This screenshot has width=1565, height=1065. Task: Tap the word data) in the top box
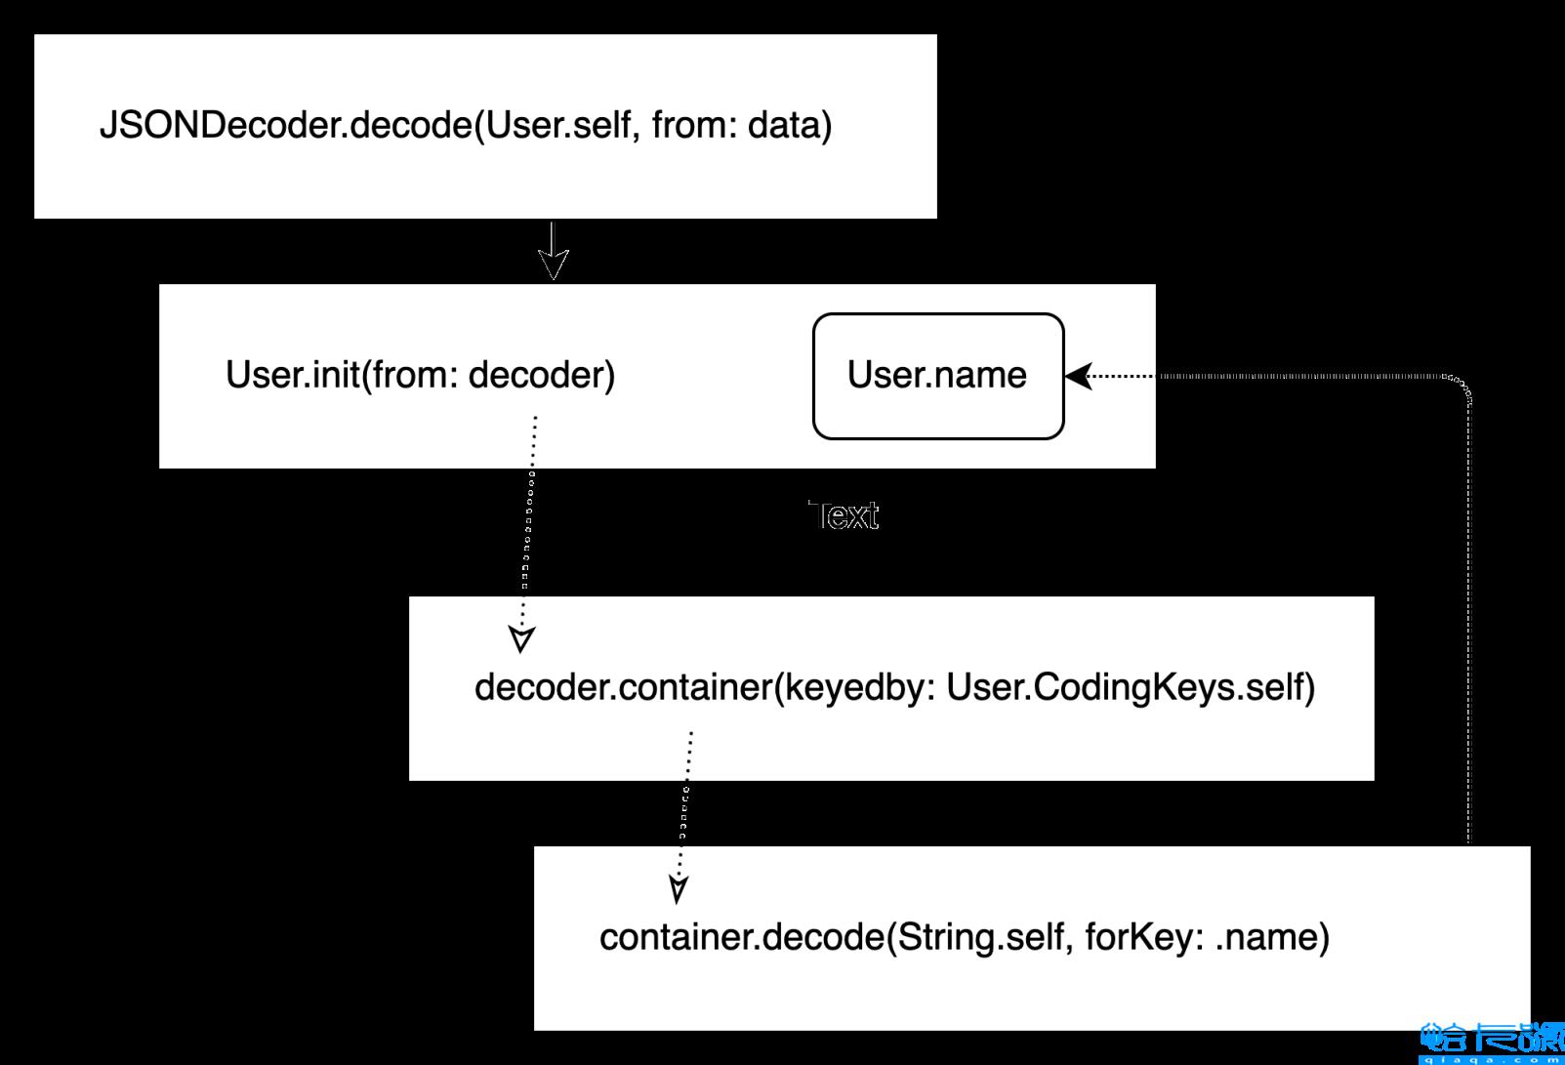pyautogui.click(x=789, y=126)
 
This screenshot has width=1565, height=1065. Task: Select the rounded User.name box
pyautogui.click(x=937, y=376)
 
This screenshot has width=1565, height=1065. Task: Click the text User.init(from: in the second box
pyautogui.click(x=343, y=375)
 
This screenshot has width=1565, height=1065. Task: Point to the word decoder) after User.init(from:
pyautogui.click(x=542, y=375)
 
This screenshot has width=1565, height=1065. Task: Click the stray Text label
pyautogui.click(x=844, y=515)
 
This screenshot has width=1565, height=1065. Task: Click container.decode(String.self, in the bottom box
pyautogui.click(x=836, y=937)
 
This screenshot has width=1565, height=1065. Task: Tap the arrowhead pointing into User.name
pyautogui.click(x=1078, y=376)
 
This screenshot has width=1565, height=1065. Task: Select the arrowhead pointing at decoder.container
pyautogui.click(x=522, y=639)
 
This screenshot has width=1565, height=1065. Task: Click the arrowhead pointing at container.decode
pyautogui.click(x=679, y=889)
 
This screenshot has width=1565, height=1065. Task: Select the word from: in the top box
pyautogui.click(x=693, y=126)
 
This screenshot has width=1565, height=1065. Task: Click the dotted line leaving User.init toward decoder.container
pyautogui.click(x=531, y=517)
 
